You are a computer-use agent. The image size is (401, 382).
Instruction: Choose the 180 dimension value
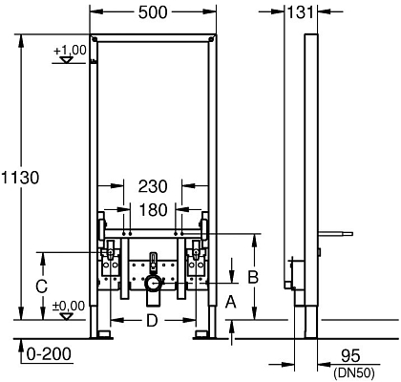click(x=152, y=209)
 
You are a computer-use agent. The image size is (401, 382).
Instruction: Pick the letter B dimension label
click(x=253, y=277)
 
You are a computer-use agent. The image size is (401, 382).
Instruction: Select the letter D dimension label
click(x=152, y=321)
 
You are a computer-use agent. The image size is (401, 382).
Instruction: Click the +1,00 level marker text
click(x=69, y=49)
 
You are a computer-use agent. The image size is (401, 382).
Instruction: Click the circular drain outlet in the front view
click(x=152, y=285)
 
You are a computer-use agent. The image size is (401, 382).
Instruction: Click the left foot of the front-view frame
click(x=101, y=334)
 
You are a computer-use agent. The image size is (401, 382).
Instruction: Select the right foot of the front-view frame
click(x=202, y=334)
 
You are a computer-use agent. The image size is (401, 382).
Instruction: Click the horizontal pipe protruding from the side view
click(x=336, y=232)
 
